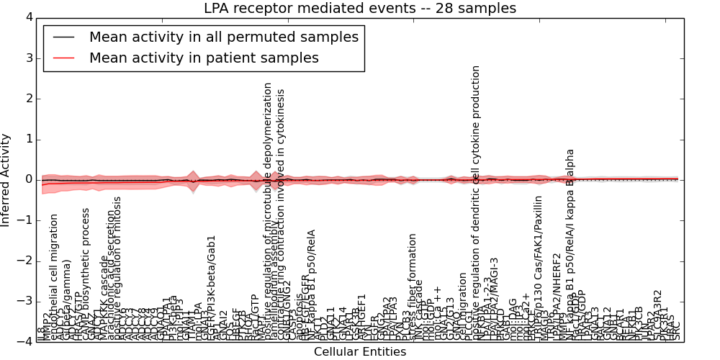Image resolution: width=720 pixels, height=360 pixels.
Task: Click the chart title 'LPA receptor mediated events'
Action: coord(359,9)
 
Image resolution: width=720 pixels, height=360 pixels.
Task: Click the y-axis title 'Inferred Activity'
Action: coord(6,180)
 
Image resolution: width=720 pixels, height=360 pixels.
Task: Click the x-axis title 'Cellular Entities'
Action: coord(359,352)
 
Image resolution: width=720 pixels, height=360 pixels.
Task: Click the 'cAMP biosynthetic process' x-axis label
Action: coord(86,274)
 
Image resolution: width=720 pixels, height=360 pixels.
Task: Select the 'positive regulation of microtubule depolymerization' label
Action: coord(268,209)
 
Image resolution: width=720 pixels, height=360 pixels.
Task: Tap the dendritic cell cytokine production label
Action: coord(476,202)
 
